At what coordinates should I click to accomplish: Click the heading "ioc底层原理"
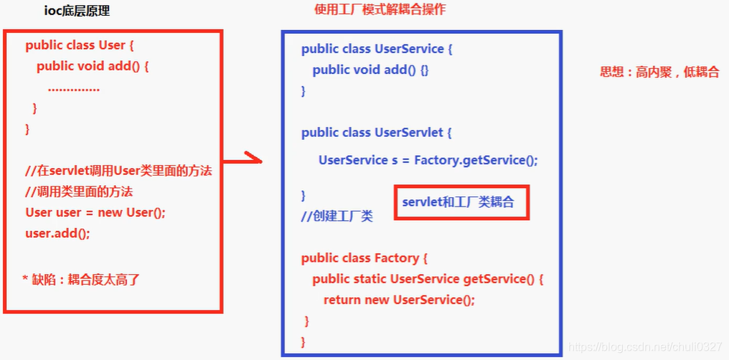(76, 11)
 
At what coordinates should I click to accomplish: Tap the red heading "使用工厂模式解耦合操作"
(380, 10)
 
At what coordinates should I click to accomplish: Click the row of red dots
(73, 89)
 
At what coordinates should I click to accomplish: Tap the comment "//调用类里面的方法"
(79, 191)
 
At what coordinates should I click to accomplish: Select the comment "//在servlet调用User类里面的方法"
(118, 171)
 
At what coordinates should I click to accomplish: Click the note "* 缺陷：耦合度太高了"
(81, 280)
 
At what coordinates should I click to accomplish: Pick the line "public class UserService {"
(377, 49)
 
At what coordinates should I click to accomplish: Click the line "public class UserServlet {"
(377, 133)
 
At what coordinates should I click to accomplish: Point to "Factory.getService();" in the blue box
(475, 160)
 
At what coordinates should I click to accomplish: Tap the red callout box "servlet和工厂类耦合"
(462, 203)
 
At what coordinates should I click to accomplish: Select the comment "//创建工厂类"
(337, 217)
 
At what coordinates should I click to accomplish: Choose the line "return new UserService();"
(399, 300)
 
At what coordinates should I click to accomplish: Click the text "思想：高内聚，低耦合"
(659, 72)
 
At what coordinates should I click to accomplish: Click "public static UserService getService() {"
(428, 279)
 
